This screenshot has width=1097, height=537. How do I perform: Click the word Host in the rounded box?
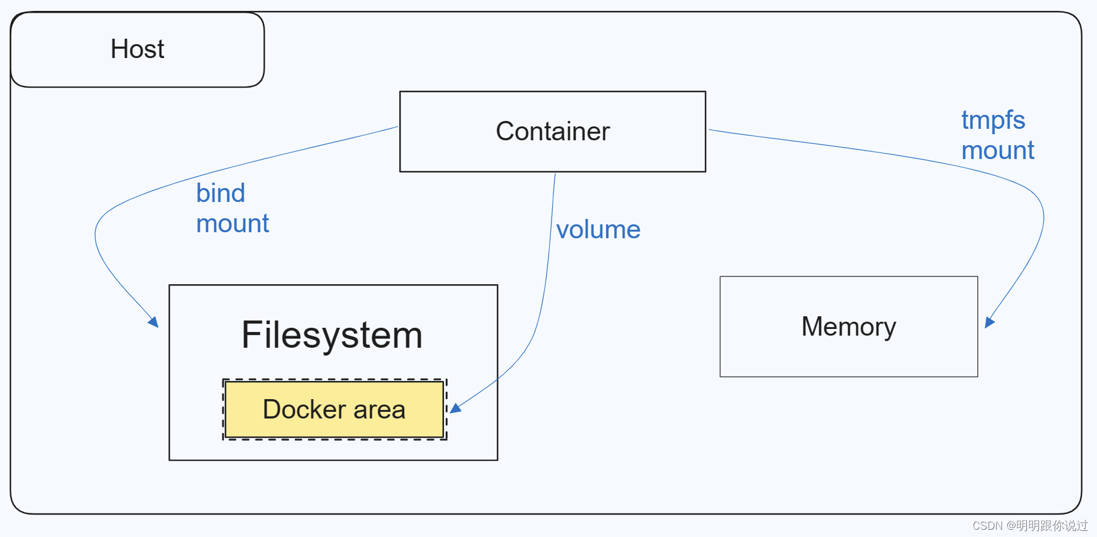[x=137, y=49]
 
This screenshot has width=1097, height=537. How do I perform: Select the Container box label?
[x=553, y=131]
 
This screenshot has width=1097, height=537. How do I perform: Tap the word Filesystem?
[x=332, y=334]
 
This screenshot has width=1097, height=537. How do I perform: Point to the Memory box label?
[x=848, y=327]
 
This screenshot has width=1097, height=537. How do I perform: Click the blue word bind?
[x=220, y=194]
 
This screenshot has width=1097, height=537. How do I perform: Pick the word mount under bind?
[x=233, y=224]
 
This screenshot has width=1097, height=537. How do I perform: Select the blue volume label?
[x=598, y=230]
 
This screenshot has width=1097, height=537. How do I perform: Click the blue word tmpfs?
[x=993, y=120]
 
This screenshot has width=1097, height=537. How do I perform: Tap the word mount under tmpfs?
[x=998, y=150]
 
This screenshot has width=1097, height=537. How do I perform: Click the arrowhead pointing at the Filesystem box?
[x=154, y=322]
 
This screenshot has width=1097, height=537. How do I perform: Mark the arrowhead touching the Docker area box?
[x=455, y=409]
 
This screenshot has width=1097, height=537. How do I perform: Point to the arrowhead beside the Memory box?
[x=989, y=322]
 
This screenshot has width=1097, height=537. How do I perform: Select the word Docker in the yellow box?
[x=304, y=409]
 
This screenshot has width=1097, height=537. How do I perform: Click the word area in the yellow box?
[x=379, y=409]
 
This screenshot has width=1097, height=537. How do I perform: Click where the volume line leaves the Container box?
[x=555, y=175]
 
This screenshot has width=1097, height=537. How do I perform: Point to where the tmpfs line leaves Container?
[x=710, y=129]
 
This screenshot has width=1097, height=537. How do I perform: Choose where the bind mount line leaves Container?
[x=397, y=127]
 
